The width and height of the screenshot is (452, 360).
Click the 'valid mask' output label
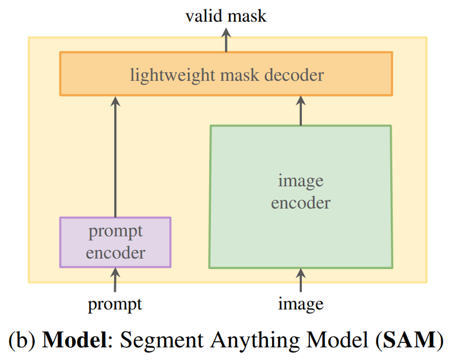pyautogui.click(x=226, y=16)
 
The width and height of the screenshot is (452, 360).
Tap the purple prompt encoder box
pyautogui.click(x=115, y=242)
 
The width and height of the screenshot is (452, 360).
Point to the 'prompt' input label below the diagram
pyautogui.click(x=115, y=303)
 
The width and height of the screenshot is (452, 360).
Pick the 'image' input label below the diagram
pyautogui.click(x=301, y=303)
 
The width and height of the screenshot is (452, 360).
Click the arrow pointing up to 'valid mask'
pyautogui.click(x=226, y=39)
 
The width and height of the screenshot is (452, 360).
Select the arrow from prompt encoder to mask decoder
pyautogui.click(x=115, y=157)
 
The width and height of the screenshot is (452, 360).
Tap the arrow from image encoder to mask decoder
pyautogui.click(x=301, y=111)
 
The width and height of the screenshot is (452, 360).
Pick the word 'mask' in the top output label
pyautogui.click(x=246, y=16)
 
